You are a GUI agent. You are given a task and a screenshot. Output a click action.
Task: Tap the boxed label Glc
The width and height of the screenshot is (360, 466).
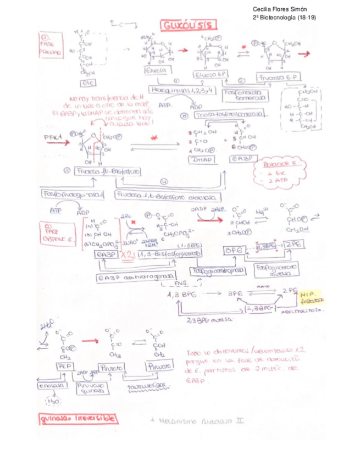pos(88,83)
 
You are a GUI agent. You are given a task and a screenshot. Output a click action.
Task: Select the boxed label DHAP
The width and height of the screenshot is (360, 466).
pos(202,159)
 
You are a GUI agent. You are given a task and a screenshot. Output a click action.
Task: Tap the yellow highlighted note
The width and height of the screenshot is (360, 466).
pos(312,297)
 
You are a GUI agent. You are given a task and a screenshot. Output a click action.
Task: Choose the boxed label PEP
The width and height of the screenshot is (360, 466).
pos(63,366)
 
